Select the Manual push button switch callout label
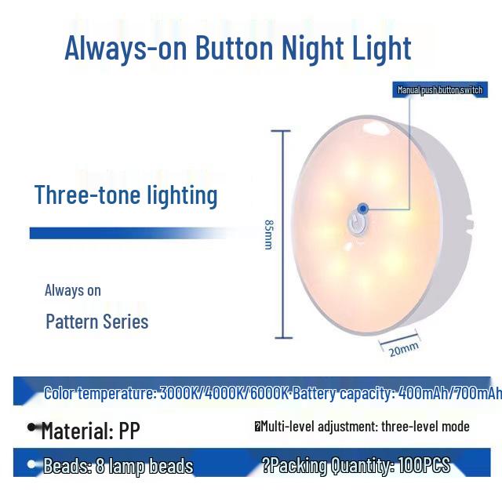point(439,90)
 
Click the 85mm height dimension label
point(268,234)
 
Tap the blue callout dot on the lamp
point(362,208)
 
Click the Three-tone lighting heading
point(126,195)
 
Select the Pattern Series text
point(96,322)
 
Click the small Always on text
point(73,290)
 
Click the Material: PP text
point(90,431)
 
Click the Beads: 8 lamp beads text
point(118,467)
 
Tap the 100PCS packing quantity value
point(424,466)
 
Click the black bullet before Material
point(33,428)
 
